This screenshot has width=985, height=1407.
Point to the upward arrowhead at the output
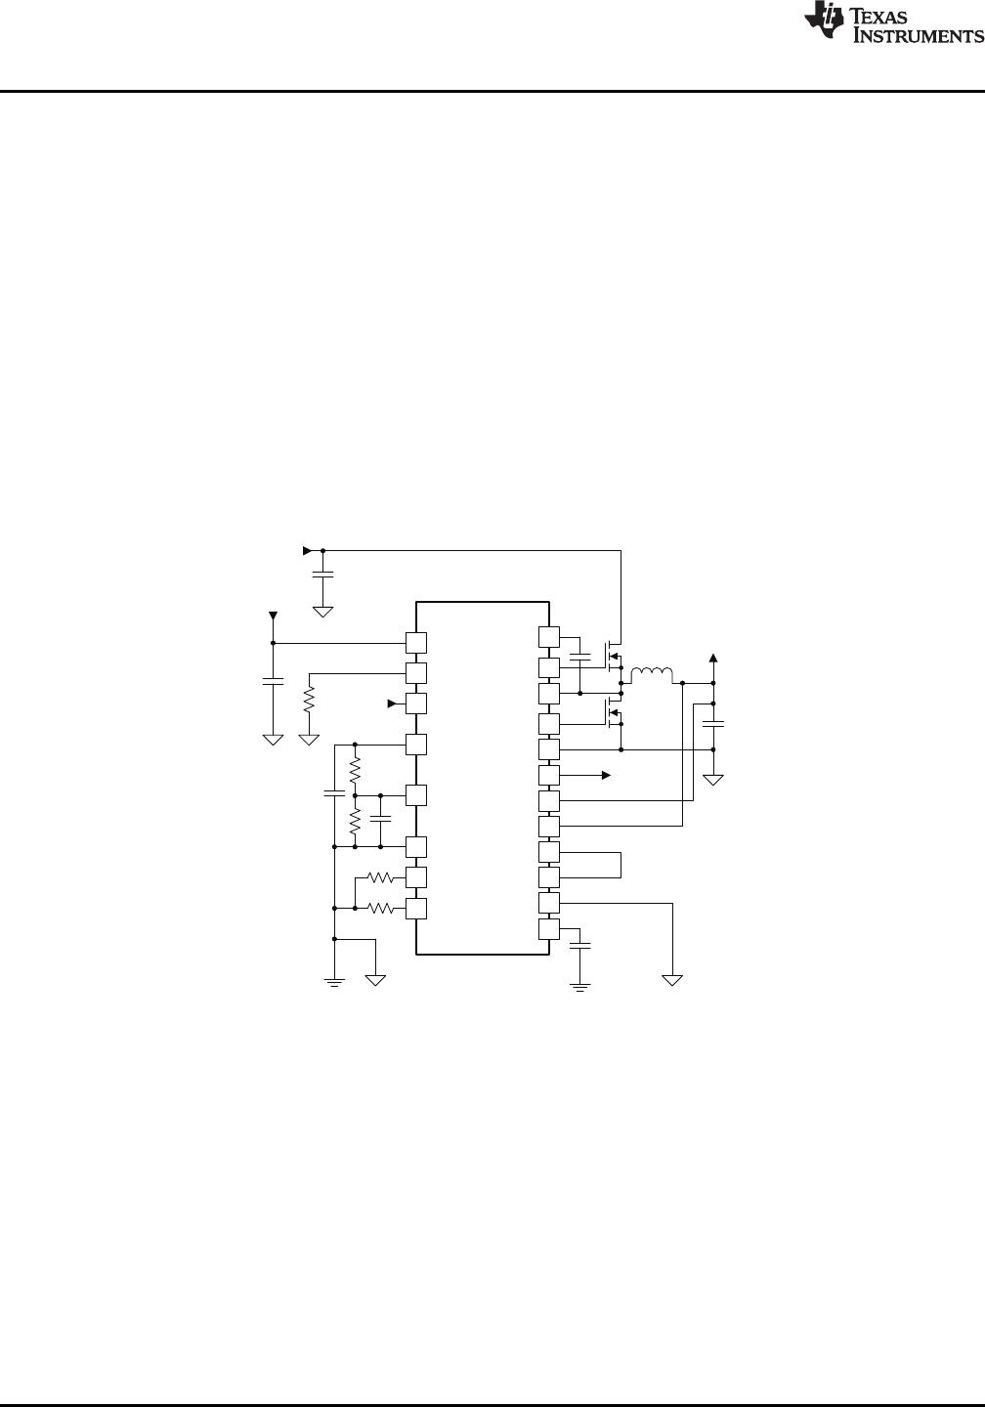(714, 658)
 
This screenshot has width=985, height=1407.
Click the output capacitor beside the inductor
(714, 724)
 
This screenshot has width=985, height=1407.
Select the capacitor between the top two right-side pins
(579, 653)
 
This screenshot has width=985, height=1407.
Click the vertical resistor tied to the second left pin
(310, 700)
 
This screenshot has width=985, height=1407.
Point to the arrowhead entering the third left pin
(393, 703)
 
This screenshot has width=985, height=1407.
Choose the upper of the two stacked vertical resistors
(355, 770)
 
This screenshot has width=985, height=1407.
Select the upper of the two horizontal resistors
(379, 876)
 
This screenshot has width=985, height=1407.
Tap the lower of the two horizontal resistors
(379, 908)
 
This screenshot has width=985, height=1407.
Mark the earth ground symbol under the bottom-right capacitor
(580, 985)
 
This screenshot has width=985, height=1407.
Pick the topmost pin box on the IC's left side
(416, 643)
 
